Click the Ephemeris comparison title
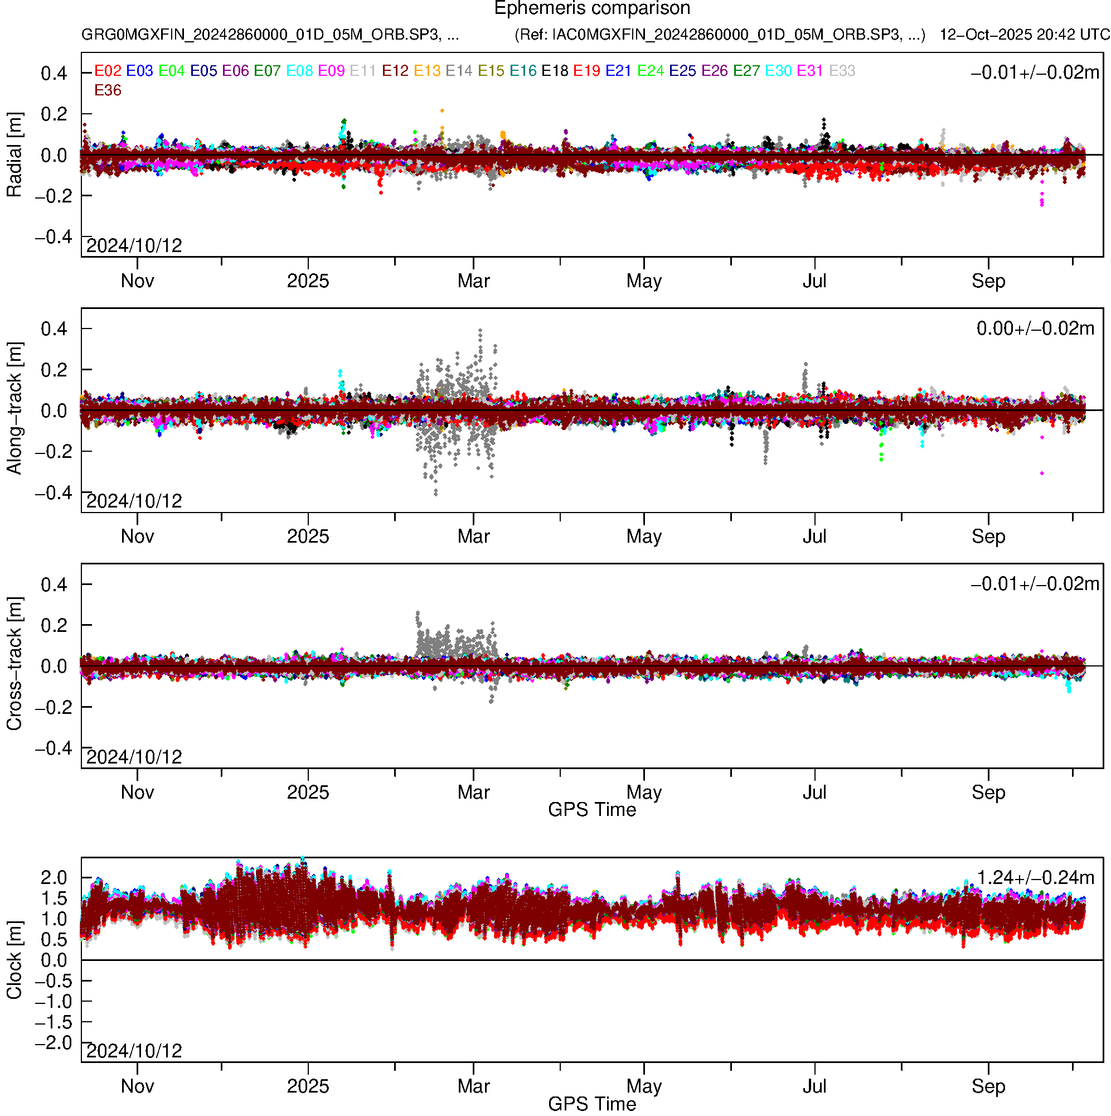click(x=592, y=9)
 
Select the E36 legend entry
click(x=108, y=90)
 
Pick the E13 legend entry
click(x=428, y=71)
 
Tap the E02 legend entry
click(x=108, y=71)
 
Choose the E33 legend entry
click(x=842, y=71)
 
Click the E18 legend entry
click(x=555, y=71)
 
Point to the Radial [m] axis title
click(x=14, y=155)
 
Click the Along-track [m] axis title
click(x=14, y=409)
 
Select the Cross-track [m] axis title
click(x=14, y=664)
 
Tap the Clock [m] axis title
click(x=14, y=960)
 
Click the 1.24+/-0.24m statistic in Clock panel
click(x=1035, y=877)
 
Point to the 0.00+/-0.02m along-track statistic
click(x=1035, y=328)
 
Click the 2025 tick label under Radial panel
click(x=308, y=281)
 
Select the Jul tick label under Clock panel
click(x=814, y=1086)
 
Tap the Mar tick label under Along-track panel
click(x=473, y=537)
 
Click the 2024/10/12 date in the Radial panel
click(x=134, y=246)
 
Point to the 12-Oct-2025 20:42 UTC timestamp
click(x=1025, y=35)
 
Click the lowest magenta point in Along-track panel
click(x=1042, y=474)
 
